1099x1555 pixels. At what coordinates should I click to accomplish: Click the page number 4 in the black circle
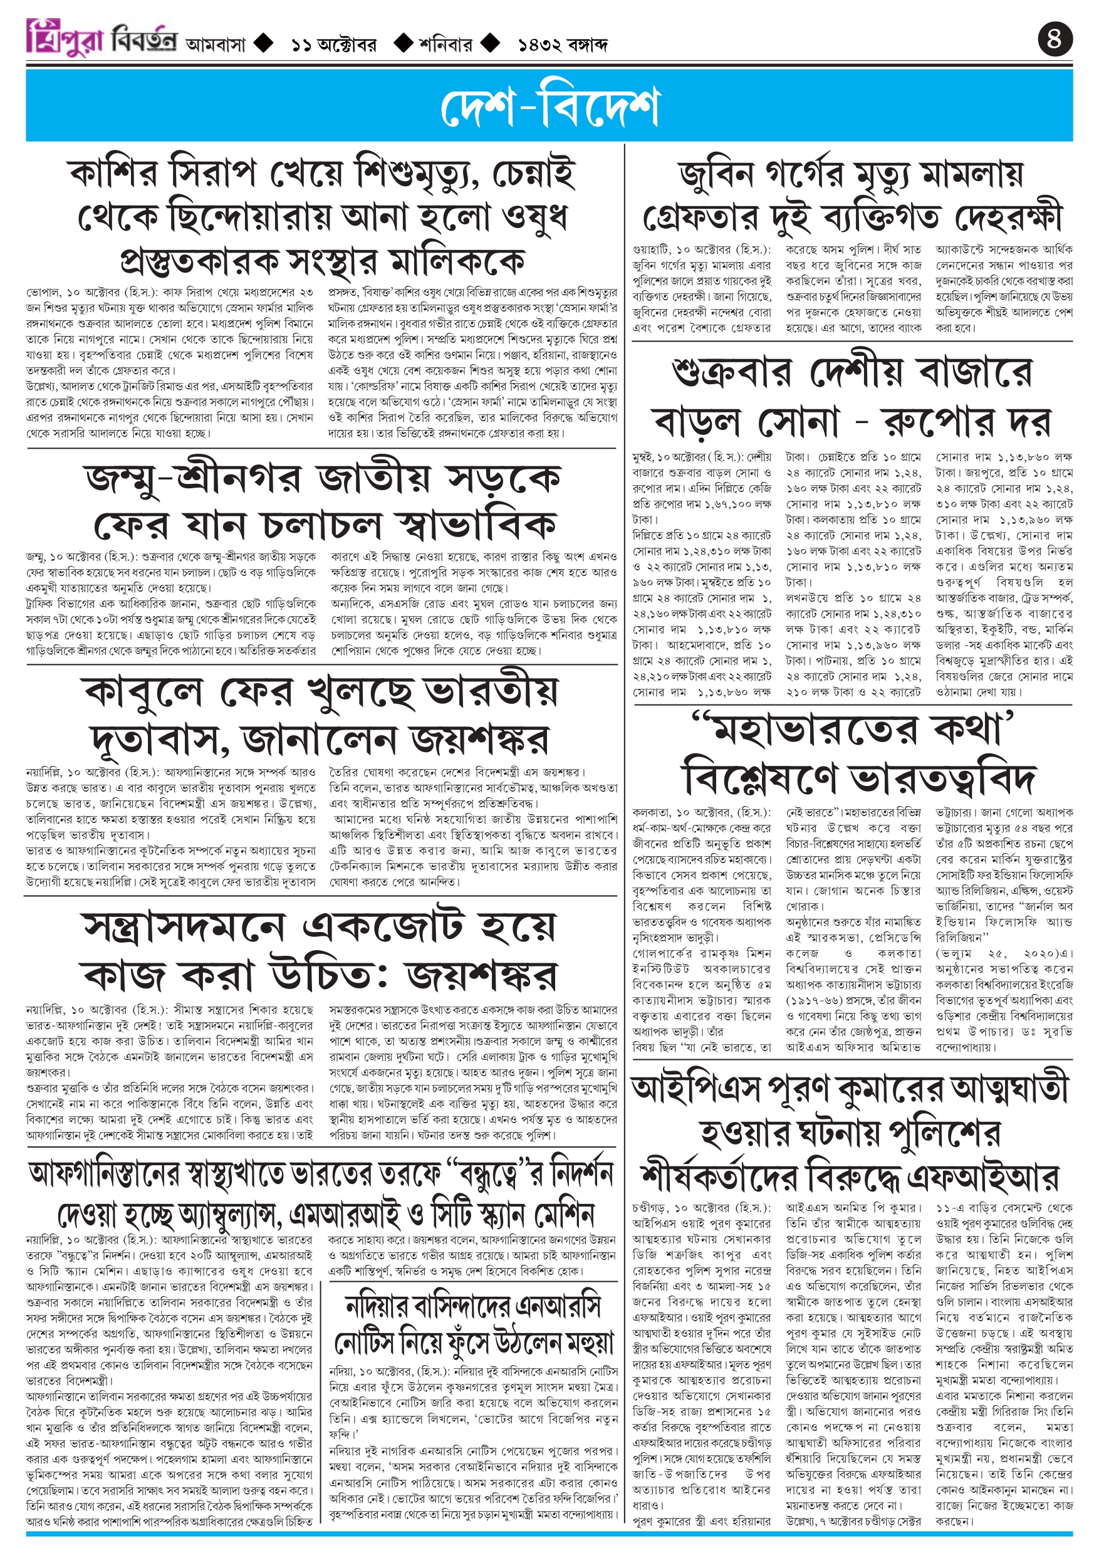click(1055, 39)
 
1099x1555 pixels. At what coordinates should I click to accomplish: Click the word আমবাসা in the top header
click(216, 45)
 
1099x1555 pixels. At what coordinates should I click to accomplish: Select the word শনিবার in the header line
click(445, 45)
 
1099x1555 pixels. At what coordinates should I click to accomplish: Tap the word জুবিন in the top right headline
click(716, 175)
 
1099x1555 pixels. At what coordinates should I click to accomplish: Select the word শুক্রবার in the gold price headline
click(732, 372)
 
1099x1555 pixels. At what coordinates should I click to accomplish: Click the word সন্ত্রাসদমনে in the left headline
click(184, 927)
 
